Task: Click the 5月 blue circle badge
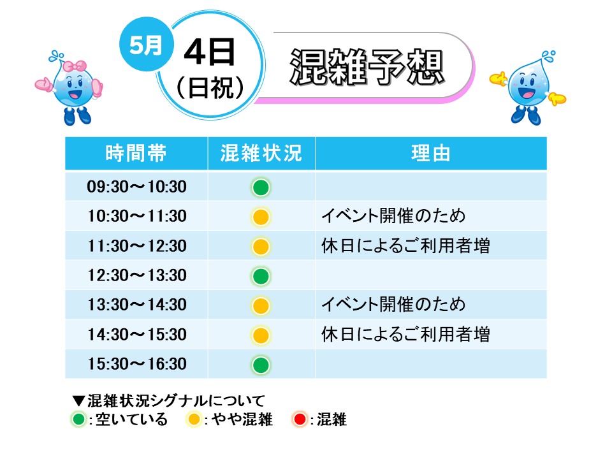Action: click(147, 45)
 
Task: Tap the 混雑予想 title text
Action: click(367, 67)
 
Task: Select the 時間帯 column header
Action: click(136, 154)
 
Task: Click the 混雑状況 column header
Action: click(261, 154)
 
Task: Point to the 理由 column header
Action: click(431, 154)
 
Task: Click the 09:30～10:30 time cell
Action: click(136, 187)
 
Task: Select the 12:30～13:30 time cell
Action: click(136, 275)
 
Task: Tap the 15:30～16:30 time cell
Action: click(136, 364)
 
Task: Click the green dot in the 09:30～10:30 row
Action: click(261, 187)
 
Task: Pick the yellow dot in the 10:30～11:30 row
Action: click(261, 217)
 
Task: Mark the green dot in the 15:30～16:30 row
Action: click(261, 365)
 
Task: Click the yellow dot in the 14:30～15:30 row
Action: click(261, 335)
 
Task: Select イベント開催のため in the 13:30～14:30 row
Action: click(393, 305)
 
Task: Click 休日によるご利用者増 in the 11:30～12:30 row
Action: click(405, 246)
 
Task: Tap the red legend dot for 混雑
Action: click(300, 419)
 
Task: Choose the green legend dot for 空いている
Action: click(78, 419)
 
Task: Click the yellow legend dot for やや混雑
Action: click(194, 419)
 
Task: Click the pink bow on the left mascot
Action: click(75, 66)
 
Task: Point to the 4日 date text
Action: click(210, 52)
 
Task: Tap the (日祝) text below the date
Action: click(210, 87)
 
